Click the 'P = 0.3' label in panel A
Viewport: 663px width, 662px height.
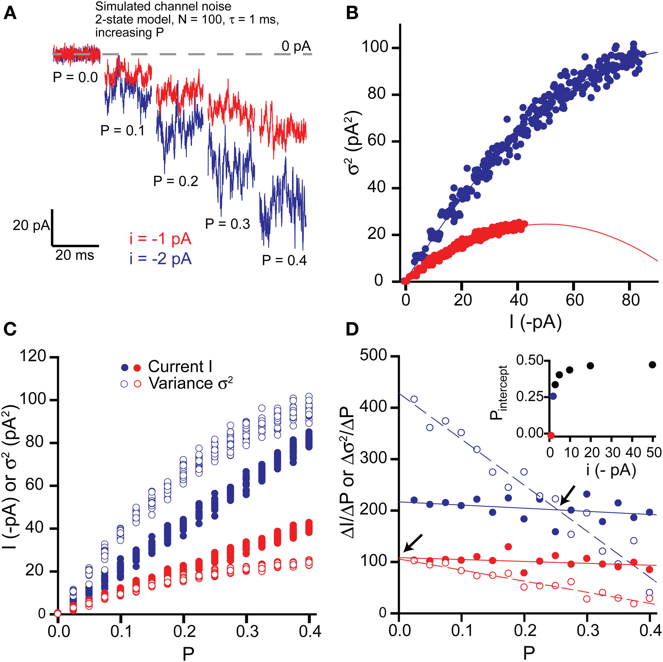[x=228, y=224]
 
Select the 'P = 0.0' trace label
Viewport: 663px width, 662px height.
[x=75, y=78]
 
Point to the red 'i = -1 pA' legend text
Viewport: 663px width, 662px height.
[x=160, y=239]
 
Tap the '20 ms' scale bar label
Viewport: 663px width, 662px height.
[x=75, y=255]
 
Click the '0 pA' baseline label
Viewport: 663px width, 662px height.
[x=296, y=46]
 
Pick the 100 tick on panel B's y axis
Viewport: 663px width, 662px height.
[x=377, y=48]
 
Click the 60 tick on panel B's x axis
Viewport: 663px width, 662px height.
[x=574, y=301]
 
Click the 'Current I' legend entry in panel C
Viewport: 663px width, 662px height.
[x=180, y=367]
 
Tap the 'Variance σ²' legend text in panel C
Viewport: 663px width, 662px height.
[x=190, y=383]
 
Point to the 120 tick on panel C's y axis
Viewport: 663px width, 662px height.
[x=33, y=356]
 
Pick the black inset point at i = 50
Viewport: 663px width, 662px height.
[x=652, y=365]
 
